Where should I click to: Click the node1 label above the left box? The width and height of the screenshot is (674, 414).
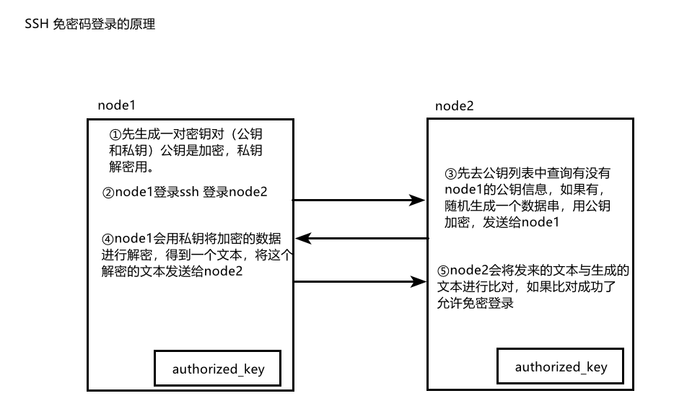click(117, 105)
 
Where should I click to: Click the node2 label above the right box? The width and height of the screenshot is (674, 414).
click(455, 106)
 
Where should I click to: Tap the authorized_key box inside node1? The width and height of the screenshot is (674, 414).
click(218, 369)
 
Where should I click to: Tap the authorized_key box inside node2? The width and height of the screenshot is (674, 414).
click(561, 367)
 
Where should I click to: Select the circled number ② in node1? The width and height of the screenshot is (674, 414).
click(108, 193)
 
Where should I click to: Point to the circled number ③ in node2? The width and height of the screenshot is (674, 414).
click(451, 173)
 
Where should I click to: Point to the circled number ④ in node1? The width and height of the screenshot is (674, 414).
click(108, 239)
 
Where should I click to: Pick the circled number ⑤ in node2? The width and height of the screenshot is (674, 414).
click(443, 271)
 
